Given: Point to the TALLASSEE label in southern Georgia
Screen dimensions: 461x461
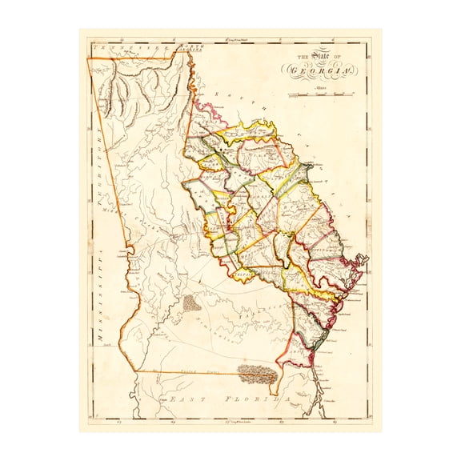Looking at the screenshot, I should pyautogui.click(x=259, y=316).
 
